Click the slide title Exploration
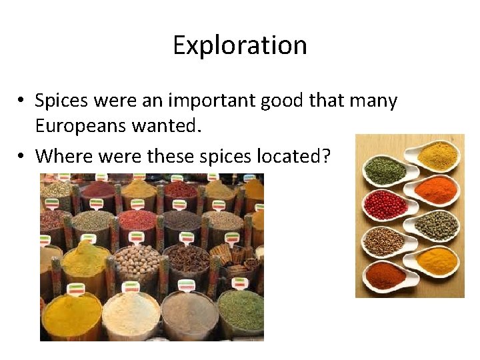click(240, 45)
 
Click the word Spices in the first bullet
click(63, 101)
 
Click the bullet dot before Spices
click(22, 101)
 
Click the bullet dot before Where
click(22, 157)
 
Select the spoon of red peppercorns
click(386, 205)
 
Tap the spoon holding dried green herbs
click(385, 171)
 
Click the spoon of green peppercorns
click(437, 225)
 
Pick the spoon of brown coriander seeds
click(385, 241)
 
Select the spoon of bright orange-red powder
click(435, 190)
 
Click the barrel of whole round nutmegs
click(136, 259)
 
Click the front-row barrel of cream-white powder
click(130, 312)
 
